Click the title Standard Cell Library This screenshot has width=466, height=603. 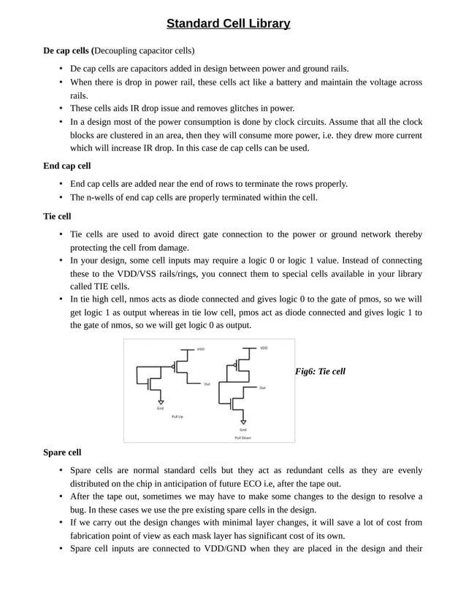228,24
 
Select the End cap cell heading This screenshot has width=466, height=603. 67,166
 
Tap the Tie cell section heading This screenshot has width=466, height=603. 58,217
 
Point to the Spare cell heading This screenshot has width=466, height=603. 63,453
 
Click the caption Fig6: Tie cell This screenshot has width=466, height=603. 320,372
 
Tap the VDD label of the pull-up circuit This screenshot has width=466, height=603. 201,349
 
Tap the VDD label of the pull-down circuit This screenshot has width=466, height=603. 264,347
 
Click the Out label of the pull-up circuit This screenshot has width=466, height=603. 207,384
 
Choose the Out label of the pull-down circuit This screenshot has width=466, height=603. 261,388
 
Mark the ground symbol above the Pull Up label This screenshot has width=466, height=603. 160,400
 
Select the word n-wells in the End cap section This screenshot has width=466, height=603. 99,197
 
